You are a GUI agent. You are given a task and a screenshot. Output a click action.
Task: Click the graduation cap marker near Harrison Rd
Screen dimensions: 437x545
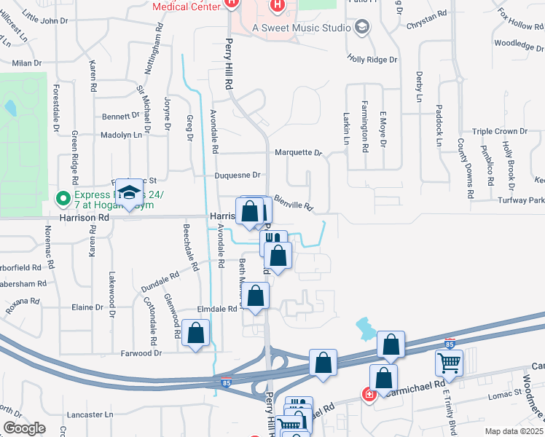pos(129,193)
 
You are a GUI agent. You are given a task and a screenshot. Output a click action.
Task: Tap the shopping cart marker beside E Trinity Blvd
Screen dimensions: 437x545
pos(449,361)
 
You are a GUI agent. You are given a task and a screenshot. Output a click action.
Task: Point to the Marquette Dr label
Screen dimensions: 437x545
pos(298,153)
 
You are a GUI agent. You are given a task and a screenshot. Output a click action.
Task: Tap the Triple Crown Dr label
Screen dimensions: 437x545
pos(500,131)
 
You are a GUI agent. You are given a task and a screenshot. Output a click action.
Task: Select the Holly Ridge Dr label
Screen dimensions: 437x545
pos(372,58)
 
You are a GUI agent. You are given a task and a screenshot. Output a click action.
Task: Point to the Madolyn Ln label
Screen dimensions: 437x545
pos(121,135)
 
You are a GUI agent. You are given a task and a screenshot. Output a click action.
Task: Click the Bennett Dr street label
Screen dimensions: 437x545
pos(120,116)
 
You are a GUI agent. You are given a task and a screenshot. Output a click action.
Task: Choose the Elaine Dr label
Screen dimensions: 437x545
pos(87,307)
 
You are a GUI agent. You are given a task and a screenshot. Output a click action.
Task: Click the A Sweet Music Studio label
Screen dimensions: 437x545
pos(301,28)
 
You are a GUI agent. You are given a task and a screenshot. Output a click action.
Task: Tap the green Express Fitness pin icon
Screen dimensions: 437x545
pos(63,197)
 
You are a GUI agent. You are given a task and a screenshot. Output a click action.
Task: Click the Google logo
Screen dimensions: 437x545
pos(24,428)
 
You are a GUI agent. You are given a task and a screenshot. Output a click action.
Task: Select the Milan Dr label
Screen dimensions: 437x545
pos(27,63)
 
